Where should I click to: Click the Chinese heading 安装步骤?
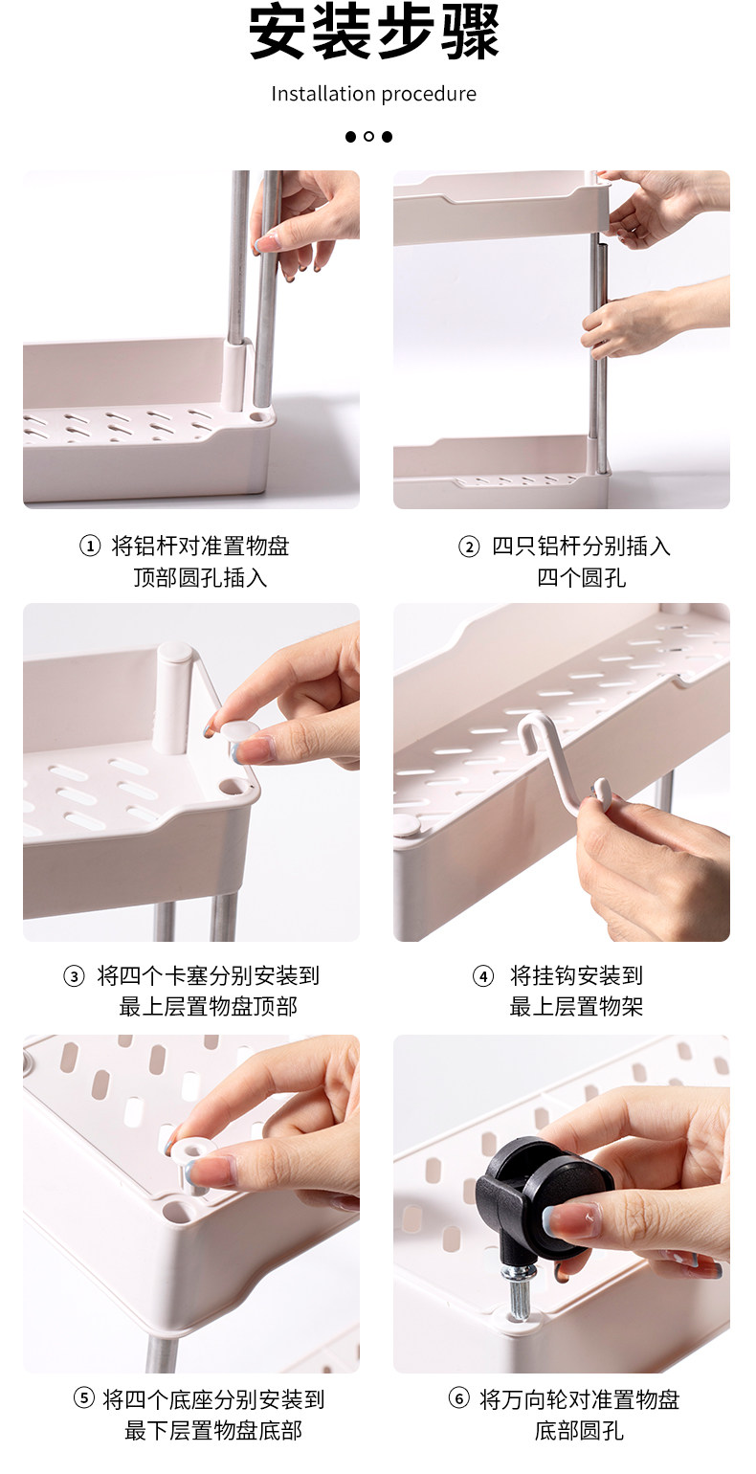[373, 32]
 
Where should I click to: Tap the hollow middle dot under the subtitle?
[368, 137]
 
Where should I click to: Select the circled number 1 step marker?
[90, 546]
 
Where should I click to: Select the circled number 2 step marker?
[469, 547]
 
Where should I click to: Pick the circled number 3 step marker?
[74, 976]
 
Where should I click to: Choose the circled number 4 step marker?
[483, 976]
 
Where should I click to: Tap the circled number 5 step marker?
[83, 1397]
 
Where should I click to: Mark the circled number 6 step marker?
[458, 1397]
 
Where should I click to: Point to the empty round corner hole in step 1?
[259, 417]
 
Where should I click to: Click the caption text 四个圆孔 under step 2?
[581, 578]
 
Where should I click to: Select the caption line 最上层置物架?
[576, 1007]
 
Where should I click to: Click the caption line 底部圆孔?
[578, 1430]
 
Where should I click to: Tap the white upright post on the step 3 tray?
[174, 698]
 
